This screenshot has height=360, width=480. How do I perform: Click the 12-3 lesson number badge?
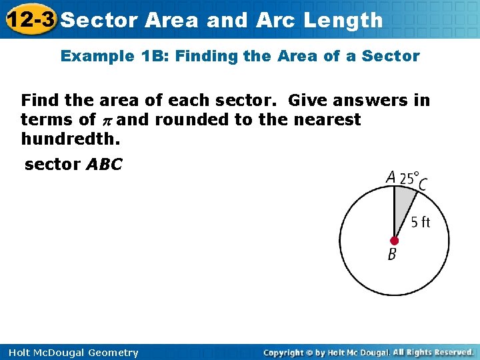(x=30, y=20)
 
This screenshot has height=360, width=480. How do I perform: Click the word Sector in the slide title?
(x=99, y=20)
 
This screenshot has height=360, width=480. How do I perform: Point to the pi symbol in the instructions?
(x=106, y=121)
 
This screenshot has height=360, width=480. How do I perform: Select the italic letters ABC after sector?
(x=105, y=164)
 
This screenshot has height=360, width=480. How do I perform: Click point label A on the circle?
(x=391, y=178)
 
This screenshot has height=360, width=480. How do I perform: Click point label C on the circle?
(x=423, y=183)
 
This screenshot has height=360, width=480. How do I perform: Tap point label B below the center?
(x=392, y=254)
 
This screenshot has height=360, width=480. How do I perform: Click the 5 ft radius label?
(x=420, y=222)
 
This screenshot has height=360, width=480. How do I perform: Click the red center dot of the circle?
(x=394, y=240)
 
